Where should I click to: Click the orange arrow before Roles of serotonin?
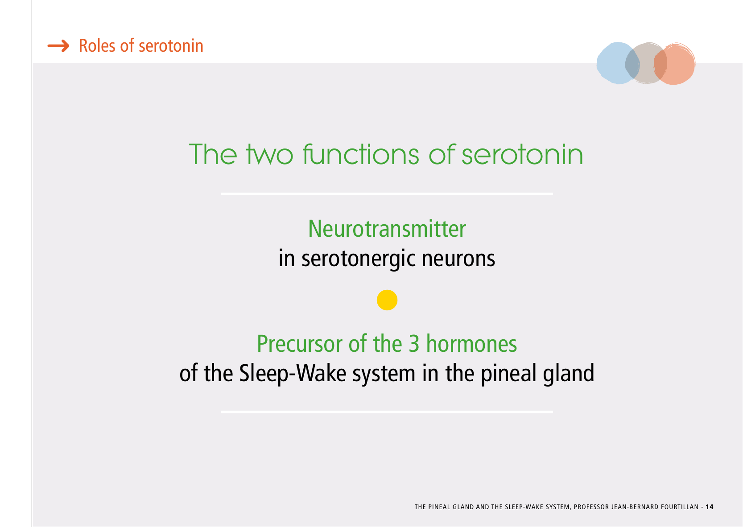tap(58, 46)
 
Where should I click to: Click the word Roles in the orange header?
tap(97, 45)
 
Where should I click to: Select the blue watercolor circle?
tap(618, 63)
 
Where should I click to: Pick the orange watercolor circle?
tap(674, 64)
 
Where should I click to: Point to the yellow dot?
tap(387, 300)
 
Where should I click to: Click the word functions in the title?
tap(361, 154)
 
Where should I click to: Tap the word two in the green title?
tap(270, 155)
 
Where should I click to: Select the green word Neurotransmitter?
tap(387, 229)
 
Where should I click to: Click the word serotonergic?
tap(358, 259)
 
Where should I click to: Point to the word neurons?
tap(458, 259)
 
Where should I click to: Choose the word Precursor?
tap(300, 344)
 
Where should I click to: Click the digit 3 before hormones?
tap(414, 344)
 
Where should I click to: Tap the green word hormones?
tap(471, 344)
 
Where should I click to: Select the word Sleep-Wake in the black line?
tap(293, 373)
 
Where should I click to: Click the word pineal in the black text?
tap(508, 374)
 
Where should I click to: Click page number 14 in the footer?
tap(710, 507)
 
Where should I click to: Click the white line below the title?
tap(387, 194)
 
